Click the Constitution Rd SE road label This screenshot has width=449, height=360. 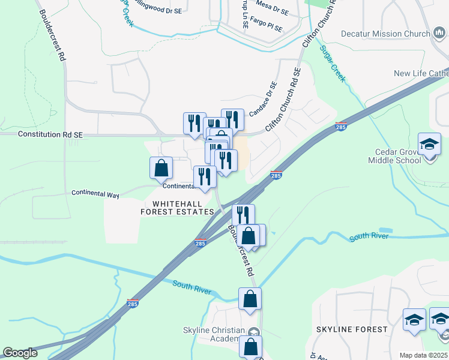tap(50, 135)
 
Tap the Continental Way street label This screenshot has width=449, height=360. tap(95, 194)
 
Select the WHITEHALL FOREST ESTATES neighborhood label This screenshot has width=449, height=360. tap(177, 208)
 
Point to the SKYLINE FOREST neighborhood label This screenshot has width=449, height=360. tap(352, 329)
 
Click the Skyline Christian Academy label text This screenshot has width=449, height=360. tap(214, 335)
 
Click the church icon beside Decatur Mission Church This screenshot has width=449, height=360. tap(438, 34)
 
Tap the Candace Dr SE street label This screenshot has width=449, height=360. tap(263, 99)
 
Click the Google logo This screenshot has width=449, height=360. tap(20, 353)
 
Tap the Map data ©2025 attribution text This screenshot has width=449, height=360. tap(423, 355)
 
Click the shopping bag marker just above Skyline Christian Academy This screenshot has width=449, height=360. tap(250, 299)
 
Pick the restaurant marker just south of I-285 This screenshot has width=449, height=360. tap(243, 215)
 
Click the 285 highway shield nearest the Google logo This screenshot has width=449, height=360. tap(133, 304)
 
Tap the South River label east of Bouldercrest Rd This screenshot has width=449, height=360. tap(369, 236)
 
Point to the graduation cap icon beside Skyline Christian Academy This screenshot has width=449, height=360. tap(254, 331)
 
